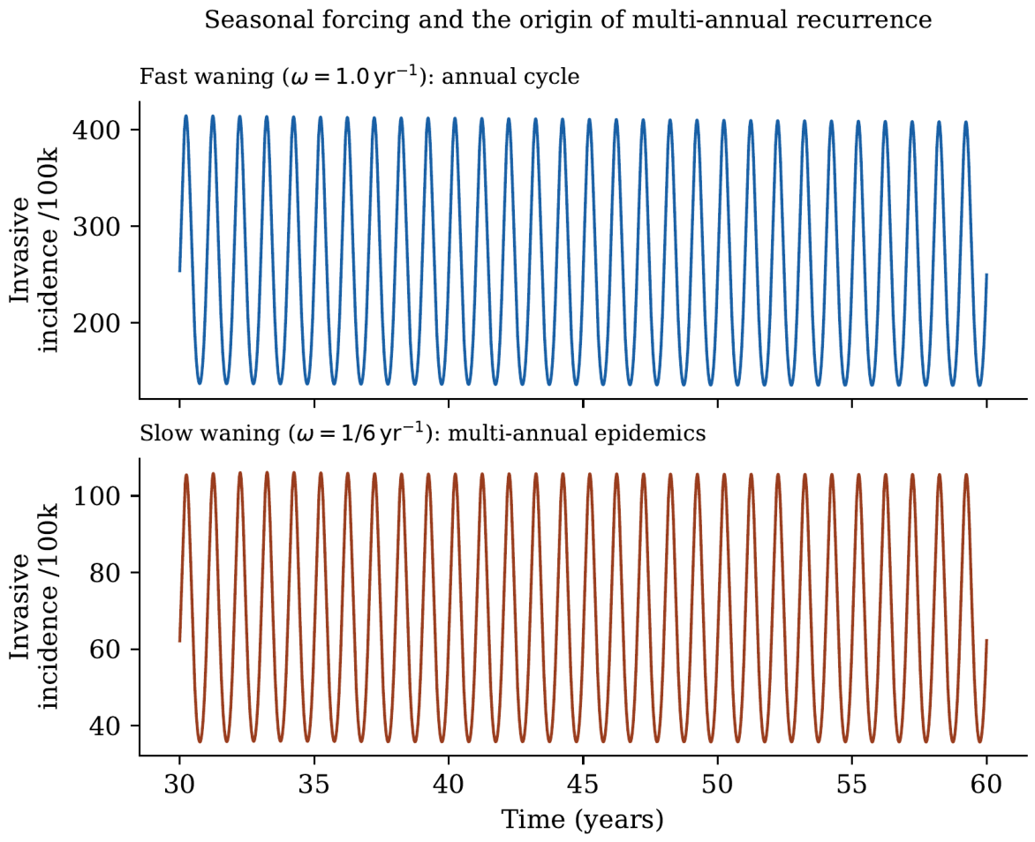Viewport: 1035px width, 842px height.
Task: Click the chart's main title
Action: coord(568,20)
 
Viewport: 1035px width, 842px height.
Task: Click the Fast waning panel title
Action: coord(359,77)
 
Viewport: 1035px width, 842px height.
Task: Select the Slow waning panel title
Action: coord(422,432)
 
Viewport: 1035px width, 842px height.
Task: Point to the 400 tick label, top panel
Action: coord(96,130)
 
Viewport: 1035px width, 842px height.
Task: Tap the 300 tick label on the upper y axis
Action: coord(96,227)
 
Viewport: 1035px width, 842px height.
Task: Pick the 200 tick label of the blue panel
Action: coord(96,323)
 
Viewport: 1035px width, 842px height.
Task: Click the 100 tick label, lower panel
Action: coord(96,495)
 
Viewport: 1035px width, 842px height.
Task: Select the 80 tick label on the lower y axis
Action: coord(105,573)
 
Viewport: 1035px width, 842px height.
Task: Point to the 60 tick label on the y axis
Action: coord(105,650)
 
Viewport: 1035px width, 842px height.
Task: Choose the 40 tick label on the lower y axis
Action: coord(105,726)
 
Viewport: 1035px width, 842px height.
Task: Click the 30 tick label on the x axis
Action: coord(179,785)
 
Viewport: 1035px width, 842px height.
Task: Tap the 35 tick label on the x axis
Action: coord(314,785)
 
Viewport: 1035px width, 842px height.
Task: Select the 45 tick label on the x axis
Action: coord(584,785)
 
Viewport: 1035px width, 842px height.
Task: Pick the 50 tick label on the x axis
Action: coord(717,785)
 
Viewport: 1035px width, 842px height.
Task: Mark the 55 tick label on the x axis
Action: coord(852,785)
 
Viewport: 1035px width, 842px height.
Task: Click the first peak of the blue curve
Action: coord(186,117)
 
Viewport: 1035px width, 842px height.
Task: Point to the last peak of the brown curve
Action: coord(966,475)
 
